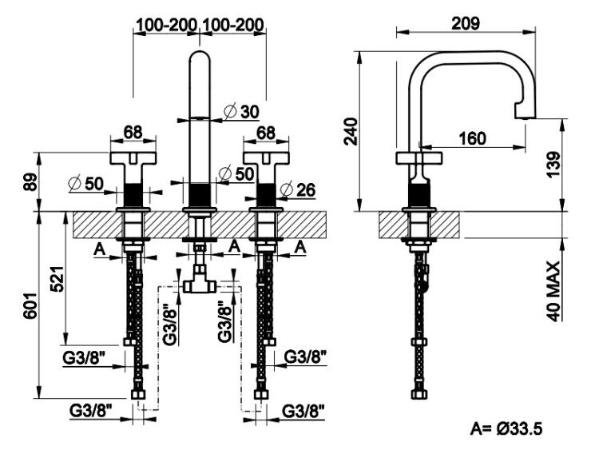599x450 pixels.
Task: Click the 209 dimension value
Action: [466, 24]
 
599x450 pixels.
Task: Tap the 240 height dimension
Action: [351, 131]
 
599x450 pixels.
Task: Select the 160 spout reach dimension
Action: [472, 138]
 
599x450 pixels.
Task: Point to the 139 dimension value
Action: [553, 165]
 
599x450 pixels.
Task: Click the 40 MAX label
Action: [553, 291]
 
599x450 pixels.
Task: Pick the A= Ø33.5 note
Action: [506, 428]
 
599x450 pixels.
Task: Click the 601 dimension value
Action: [30, 306]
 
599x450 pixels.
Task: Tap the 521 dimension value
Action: [58, 279]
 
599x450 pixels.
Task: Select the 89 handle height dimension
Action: [32, 182]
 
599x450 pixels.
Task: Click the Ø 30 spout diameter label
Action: [241, 111]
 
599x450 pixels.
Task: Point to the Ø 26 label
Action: [298, 189]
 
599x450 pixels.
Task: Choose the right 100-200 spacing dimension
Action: [232, 25]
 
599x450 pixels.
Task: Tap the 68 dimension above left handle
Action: [133, 133]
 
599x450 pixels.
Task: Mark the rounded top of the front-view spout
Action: [200, 56]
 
